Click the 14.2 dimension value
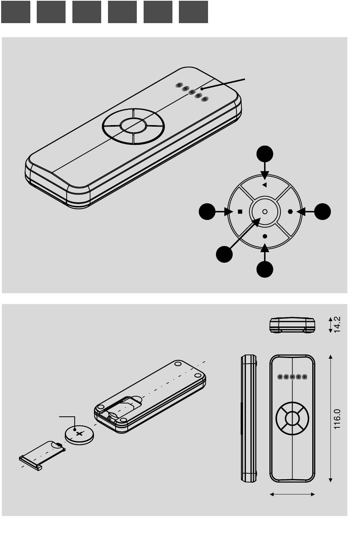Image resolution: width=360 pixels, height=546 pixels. click(x=337, y=325)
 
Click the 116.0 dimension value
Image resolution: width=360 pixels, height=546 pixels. click(x=337, y=419)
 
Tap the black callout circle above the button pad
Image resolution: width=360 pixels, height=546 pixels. click(x=265, y=154)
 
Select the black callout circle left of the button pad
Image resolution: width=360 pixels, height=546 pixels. click(x=207, y=212)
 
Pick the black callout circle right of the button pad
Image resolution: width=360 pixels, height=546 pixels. click(x=322, y=212)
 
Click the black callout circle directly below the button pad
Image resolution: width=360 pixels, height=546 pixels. click(x=265, y=269)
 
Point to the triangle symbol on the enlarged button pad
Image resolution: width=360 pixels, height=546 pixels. click(x=265, y=185)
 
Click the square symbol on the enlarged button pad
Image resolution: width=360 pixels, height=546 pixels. click(x=240, y=212)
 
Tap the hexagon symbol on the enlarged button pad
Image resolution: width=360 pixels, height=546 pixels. click(x=290, y=212)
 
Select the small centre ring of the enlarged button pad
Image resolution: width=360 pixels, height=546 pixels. click(x=265, y=212)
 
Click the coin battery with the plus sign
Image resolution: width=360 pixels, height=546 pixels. click(x=79, y=435)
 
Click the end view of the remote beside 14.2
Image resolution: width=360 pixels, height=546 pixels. click(x=292, y=325)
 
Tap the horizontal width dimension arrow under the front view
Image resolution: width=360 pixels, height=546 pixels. click(x=292, y=494)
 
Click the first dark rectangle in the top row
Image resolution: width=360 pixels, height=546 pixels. click(x=16, y=12)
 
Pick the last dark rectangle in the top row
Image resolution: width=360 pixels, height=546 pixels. click(x=193, y=12)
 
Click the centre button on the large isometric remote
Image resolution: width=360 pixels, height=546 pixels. click(x=133, y=126)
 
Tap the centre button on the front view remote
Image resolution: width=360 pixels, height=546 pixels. click(x=292, y=419)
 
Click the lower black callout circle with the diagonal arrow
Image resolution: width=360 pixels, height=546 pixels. click(x=224, y=254)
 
